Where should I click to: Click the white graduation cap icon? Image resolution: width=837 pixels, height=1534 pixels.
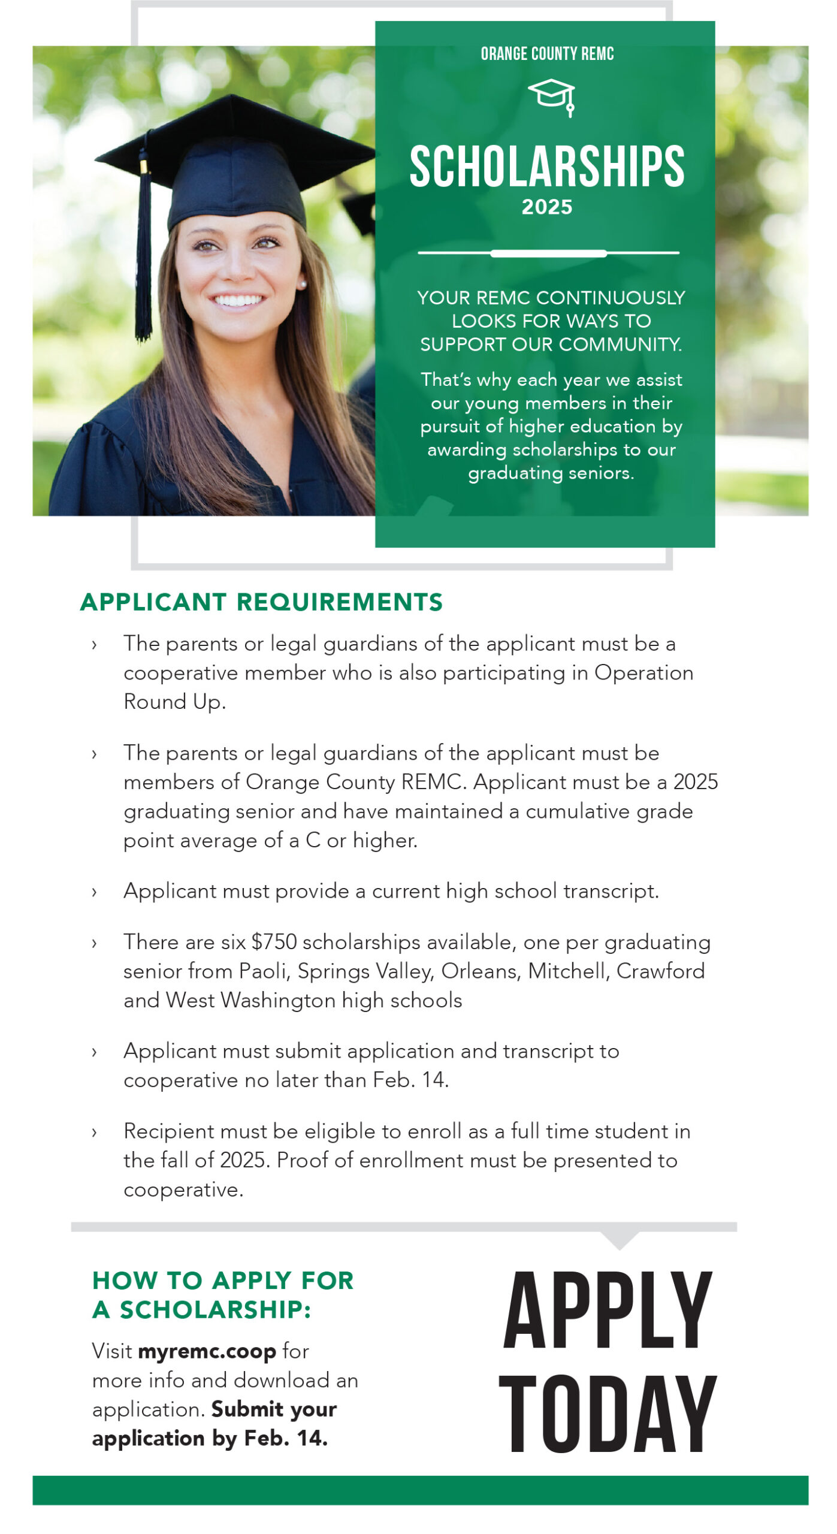click(x=551, y=96)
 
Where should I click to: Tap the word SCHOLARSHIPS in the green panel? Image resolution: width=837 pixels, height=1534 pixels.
click(x=546, y=167)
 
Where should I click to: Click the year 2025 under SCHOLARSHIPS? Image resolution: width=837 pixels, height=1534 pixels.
click(x=546, y=207)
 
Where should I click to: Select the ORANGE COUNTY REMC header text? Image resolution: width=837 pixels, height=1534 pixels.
click(x=547, y=54)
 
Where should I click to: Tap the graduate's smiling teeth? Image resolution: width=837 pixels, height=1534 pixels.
click(x=238, y=300)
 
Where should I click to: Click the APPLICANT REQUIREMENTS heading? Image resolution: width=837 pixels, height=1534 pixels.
click(x=261, y=602)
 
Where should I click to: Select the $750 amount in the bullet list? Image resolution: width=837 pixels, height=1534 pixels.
click(x=274, y=942)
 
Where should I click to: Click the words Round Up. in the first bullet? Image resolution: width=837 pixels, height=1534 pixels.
click(x=174, y=702)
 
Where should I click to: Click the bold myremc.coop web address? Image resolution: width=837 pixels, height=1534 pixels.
click(x=207, y=1351)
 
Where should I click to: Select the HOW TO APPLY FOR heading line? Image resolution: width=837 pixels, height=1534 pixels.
click(x=223, y=1281)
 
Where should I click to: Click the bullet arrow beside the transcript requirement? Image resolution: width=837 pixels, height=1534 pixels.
click(x=94, y=892)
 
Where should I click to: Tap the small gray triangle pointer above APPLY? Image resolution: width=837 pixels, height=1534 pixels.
click(x=620, y=1239)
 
